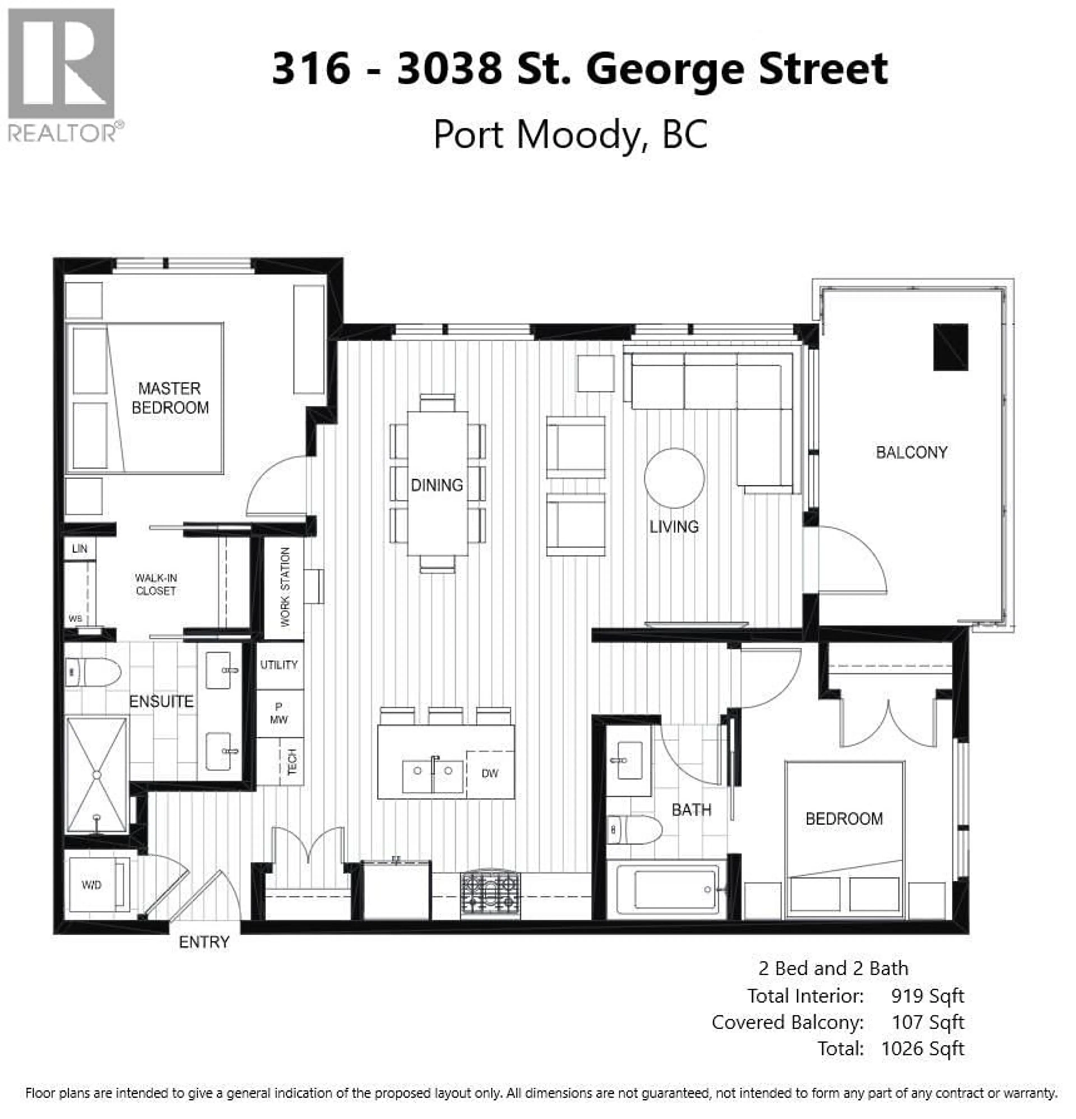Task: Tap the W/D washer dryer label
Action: [91, 885]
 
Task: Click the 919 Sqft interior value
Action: [927, 996]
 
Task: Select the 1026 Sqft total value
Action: [922, 1049]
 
